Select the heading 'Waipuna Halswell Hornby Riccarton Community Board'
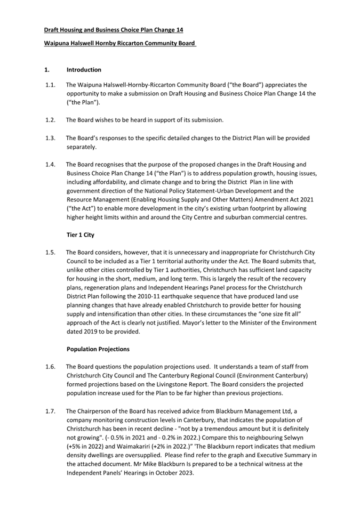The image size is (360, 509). tap(120, 43)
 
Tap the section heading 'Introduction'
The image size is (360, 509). tap(84, 70)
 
